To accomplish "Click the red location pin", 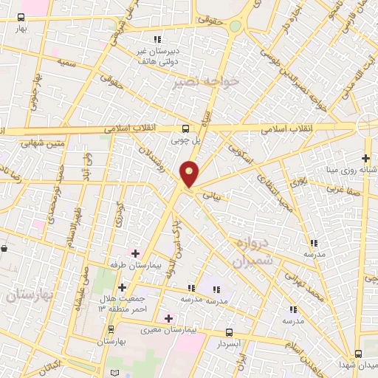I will point(190,174).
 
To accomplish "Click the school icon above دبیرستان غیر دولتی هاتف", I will point(156,39).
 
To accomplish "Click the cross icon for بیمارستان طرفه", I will point(135,253).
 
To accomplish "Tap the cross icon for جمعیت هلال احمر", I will point(123,287).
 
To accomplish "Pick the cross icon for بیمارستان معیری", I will point(169,318).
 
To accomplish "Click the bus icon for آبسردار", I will point(229,333).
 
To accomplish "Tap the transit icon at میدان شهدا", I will point(358,354).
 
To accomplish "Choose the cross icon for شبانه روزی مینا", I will point(365,157).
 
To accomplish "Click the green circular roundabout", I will point(235,27).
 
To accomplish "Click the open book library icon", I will point(113,371).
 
